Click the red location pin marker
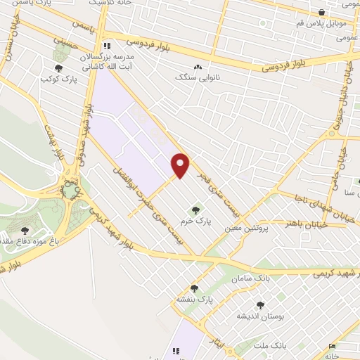pos(181,165)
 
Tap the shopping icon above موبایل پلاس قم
pos(322,12)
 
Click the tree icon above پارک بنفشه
pos(195,288)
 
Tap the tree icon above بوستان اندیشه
pos(261,305)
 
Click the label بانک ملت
pos(271,346)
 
